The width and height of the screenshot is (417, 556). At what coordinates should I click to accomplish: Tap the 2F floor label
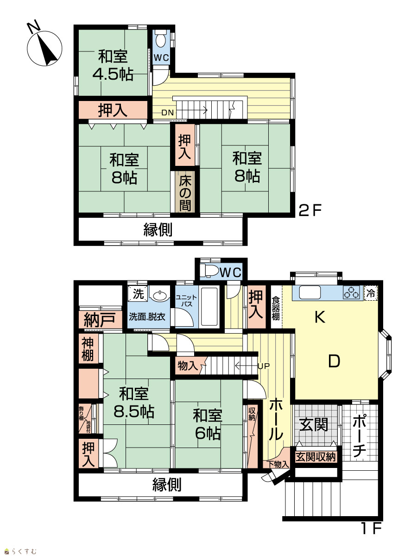310,210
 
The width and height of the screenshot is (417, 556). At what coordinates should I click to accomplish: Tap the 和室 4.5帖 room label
113,65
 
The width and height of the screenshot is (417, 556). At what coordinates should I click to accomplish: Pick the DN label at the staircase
168,113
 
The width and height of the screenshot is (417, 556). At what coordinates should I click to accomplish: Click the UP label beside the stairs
264,366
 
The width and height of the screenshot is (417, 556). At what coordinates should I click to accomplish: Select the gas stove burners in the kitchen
351,292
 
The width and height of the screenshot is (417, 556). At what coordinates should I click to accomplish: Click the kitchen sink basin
310,292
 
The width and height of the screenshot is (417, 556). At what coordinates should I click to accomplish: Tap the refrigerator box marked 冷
371,293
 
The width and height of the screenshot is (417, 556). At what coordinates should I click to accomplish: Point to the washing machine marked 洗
138,293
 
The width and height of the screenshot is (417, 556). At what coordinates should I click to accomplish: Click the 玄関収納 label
316,457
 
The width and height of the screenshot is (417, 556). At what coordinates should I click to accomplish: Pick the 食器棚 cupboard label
276,308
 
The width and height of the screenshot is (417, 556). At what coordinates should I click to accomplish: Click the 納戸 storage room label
100,320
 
